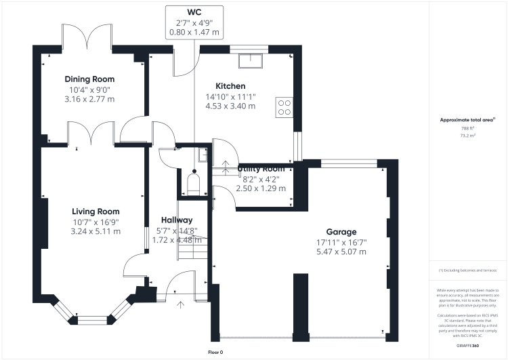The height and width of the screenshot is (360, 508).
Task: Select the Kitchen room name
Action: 230,86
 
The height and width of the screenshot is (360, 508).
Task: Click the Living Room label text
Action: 96,212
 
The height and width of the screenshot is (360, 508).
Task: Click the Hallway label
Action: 177,220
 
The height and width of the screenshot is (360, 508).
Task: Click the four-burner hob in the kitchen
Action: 283,106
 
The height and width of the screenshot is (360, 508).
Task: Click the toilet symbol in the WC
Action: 192,184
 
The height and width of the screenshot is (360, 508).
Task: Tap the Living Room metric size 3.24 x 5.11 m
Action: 96,231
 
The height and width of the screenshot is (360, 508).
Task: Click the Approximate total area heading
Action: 467,119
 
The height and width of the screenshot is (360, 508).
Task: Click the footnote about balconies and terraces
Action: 468,270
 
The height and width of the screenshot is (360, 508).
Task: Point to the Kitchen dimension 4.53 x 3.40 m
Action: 230,106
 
